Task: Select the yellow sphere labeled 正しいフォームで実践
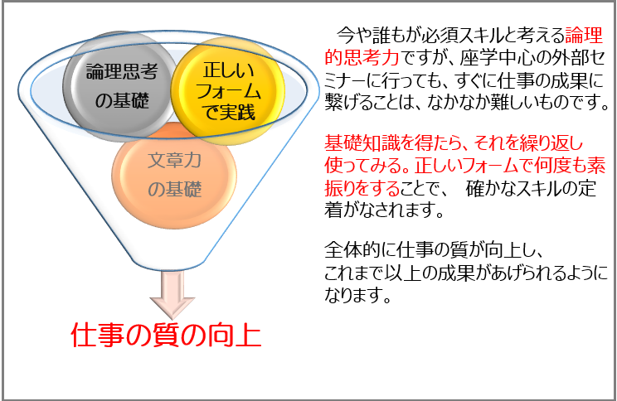[x=228, y=91]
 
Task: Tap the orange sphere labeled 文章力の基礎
[x=174, y=175]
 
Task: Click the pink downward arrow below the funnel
[x=172, y=296]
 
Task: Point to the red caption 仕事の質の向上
[x=166, y=335]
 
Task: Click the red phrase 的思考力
[x=362, y=58]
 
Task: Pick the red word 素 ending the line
[x=595, y=165]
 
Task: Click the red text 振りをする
[x=362, y=188]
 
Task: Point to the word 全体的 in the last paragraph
[x=352, y=249]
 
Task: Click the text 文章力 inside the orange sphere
[x=174, y=161]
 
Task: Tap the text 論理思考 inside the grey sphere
[x=122, y=71]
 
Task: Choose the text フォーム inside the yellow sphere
[x=229, y=91]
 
